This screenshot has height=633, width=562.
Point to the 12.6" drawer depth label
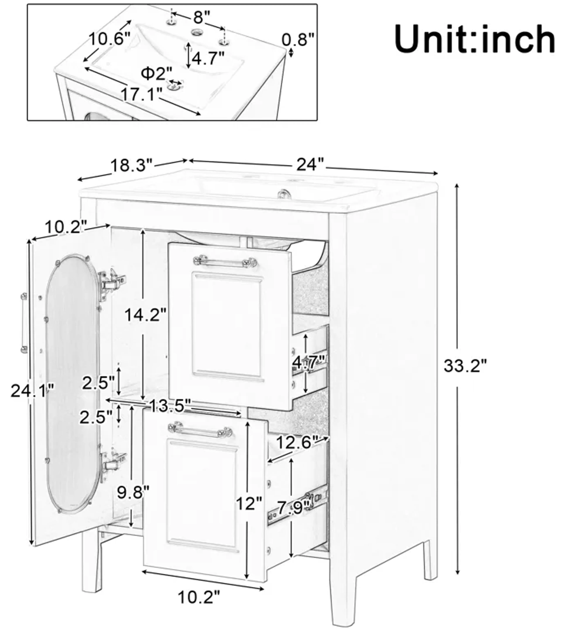(x=297, y=442)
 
